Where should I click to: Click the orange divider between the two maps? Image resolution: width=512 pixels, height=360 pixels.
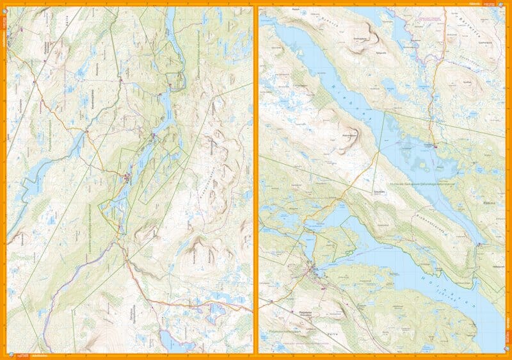click(256, 179)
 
